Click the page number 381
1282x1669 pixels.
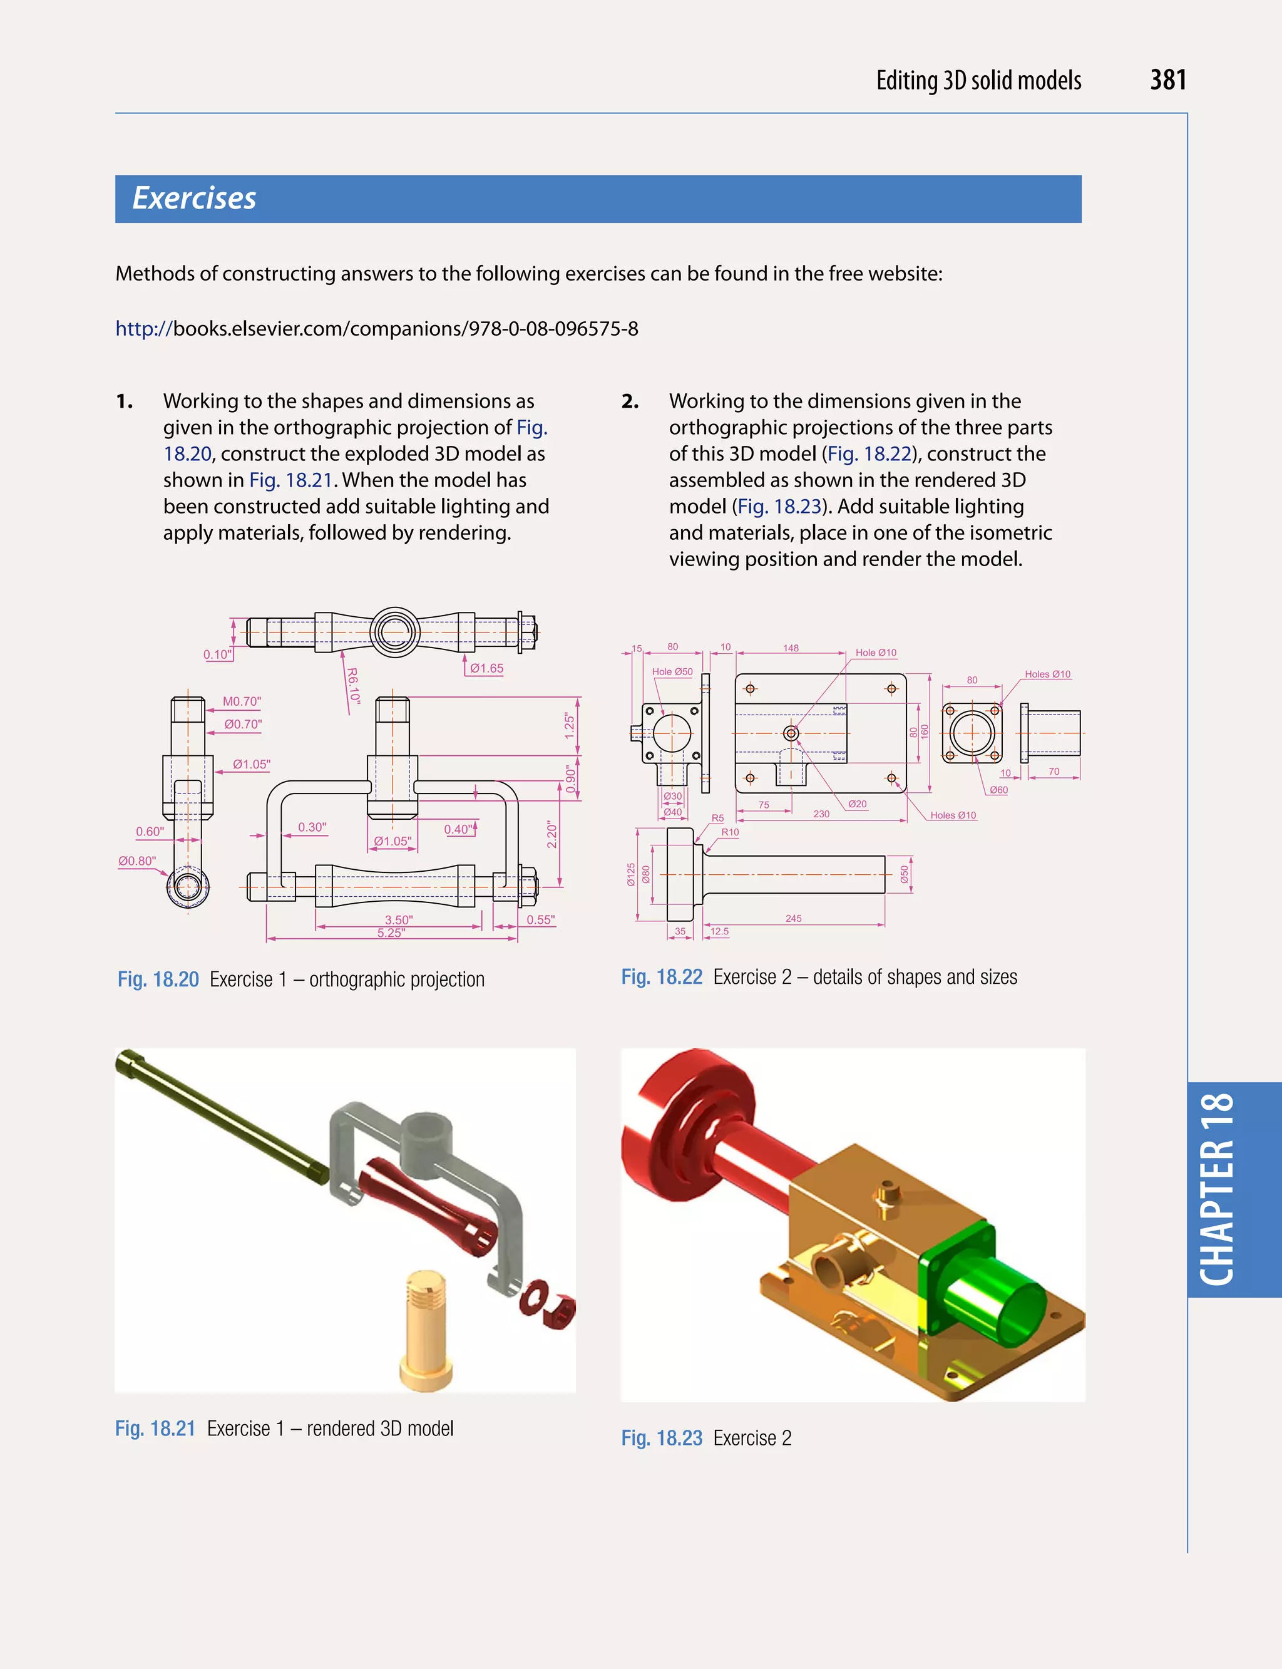coord(1167,80)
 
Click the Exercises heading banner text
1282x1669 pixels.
coord(194,199)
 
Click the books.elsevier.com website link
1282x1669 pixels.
coord(376,329)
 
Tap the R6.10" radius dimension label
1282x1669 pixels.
coord(352,686)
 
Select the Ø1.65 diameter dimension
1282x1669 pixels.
coord(486,668)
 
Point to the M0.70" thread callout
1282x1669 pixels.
coord(241,701)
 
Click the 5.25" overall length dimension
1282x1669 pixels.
coord(391,933)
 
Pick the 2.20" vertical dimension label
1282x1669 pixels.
coord(551,834)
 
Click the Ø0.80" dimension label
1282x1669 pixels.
coord(137,860)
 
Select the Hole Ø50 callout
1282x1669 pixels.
coord(672,672)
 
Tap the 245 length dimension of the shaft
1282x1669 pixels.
coord(793,919)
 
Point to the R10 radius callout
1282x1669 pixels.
coord(729,832)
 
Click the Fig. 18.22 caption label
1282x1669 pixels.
coord(661,977)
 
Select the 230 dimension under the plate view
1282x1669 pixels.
coord(821,814)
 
